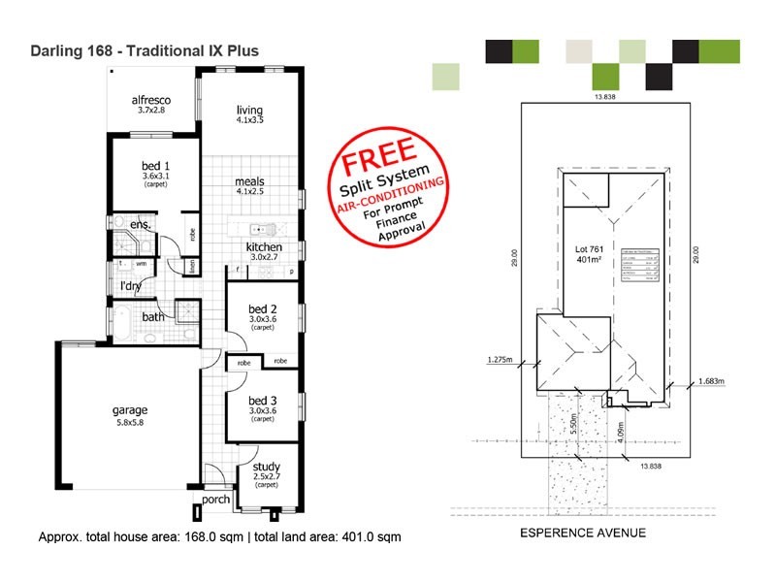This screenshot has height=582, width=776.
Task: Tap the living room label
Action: (x=249, y=110)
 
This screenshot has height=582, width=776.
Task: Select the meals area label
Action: (x=249, y=181)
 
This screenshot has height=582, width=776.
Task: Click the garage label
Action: (x=129, y=410)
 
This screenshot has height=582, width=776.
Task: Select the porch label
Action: (x=216, y=501)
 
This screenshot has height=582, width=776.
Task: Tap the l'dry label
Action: (x=130, y=285)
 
